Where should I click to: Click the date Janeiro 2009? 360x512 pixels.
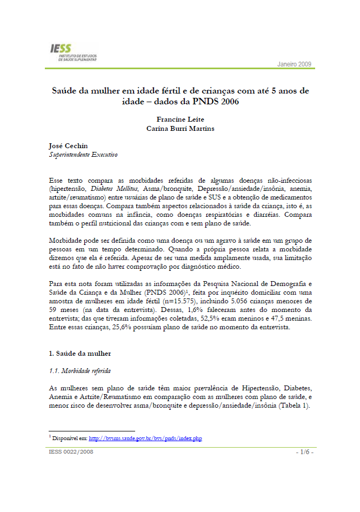(295, 64)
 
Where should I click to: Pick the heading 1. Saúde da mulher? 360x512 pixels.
(79, 353)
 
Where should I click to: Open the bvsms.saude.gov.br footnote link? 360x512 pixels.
(145, 438)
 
